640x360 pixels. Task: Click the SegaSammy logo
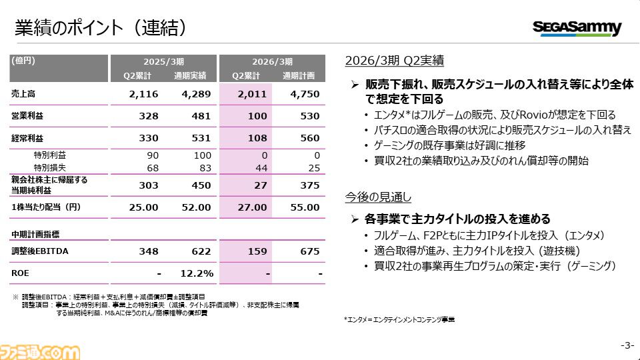577,28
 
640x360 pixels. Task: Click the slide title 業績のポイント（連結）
101,27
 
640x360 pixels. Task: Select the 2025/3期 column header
163,61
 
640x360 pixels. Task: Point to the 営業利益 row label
27,116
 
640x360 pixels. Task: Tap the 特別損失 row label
50,167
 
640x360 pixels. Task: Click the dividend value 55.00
307,207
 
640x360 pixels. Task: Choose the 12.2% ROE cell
197,273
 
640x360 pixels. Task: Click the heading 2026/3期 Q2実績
394,60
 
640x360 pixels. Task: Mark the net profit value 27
255,185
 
